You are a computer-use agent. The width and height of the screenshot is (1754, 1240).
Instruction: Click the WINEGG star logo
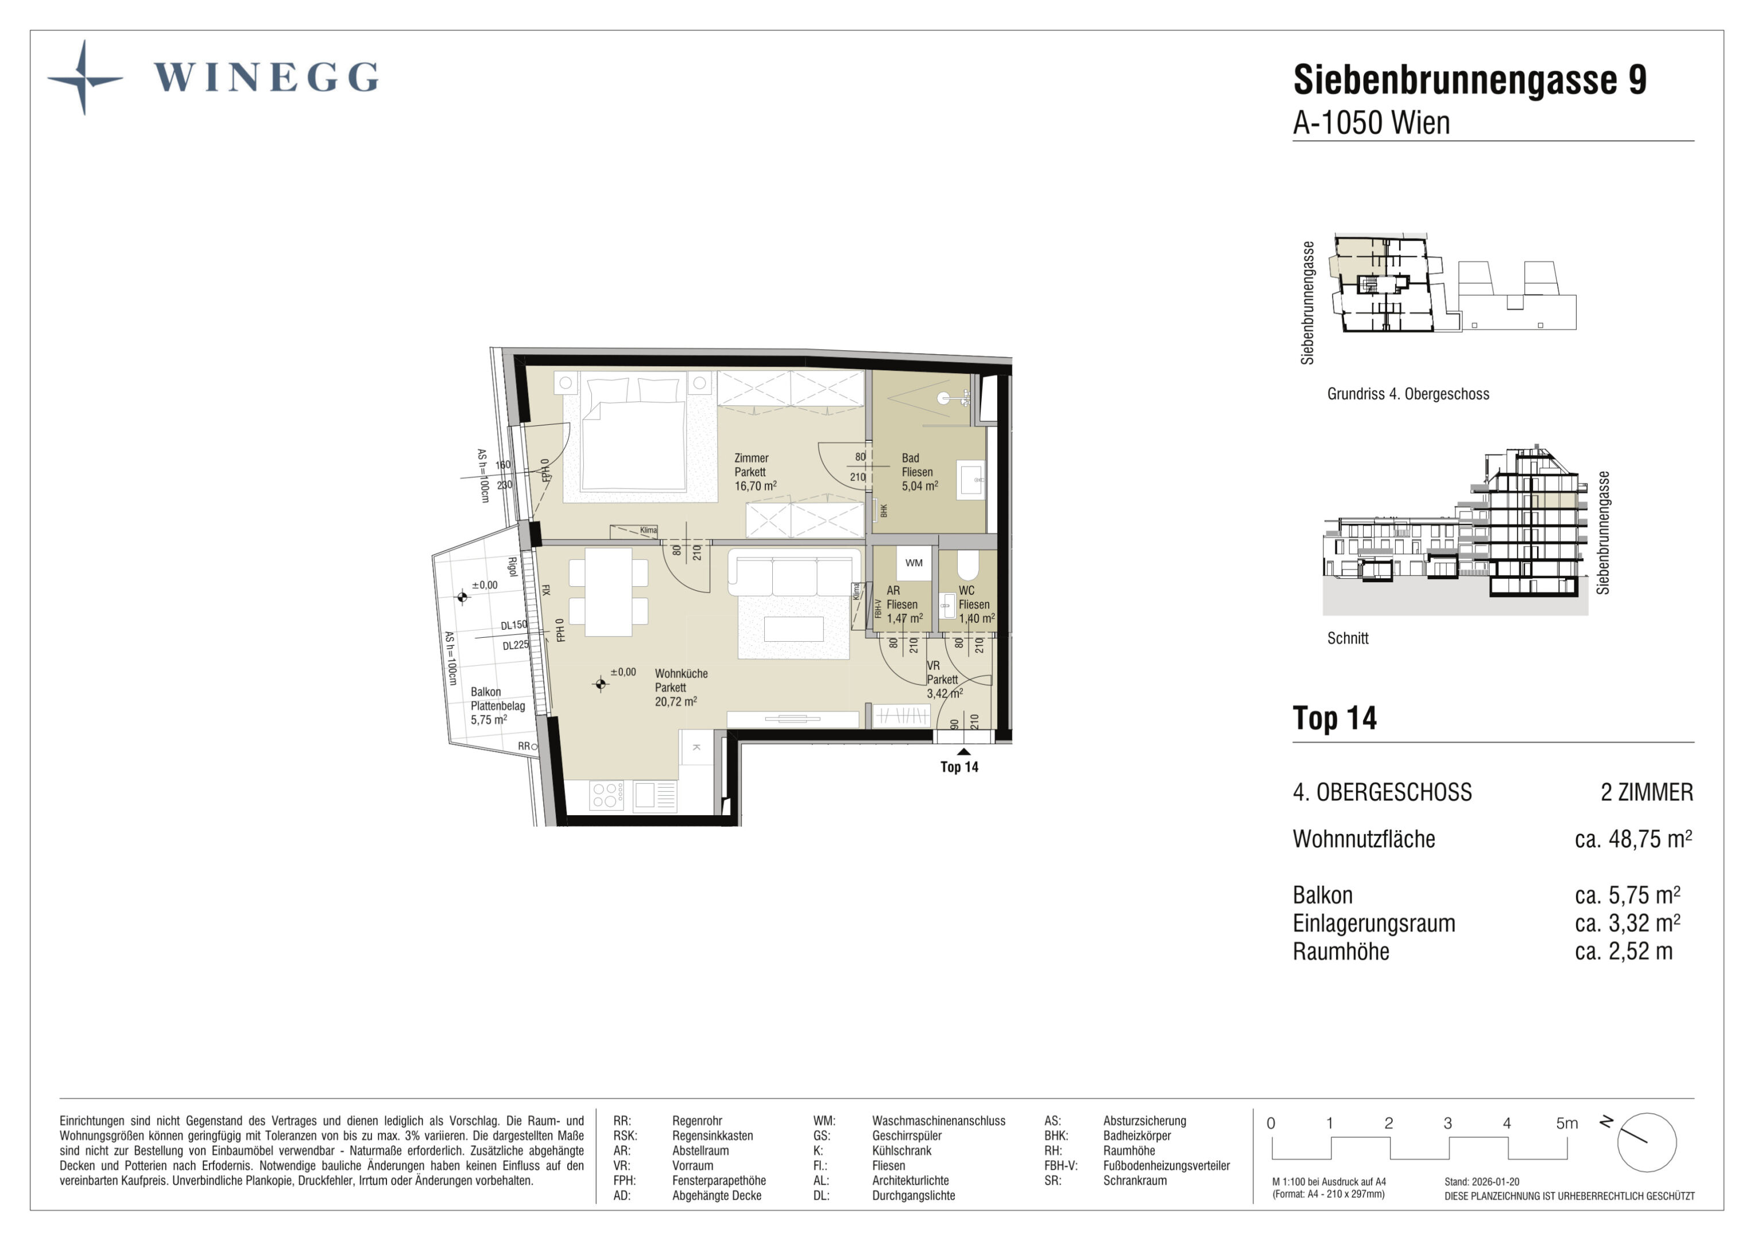(x=85, y=78)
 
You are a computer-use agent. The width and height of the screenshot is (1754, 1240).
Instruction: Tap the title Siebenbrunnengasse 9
(x=1470, y=79)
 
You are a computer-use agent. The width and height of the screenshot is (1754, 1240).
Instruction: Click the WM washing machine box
(x=913, y=563)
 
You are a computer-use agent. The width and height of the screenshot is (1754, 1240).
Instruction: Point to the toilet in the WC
(x=967, y=565)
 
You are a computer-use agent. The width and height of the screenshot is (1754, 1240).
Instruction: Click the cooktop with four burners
(x=606, y=795)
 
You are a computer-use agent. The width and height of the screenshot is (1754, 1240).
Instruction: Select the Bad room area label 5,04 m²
(x=920, y=486)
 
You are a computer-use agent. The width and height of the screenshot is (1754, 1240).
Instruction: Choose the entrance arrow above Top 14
(x=964, y=752)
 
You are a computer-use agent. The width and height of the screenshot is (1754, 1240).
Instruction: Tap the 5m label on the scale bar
(x=1567, y=1123)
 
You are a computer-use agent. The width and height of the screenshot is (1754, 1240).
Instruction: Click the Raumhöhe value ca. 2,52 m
(x=1623, y=951)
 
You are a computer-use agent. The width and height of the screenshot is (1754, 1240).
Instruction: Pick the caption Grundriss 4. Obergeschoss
(x=1408, y=394)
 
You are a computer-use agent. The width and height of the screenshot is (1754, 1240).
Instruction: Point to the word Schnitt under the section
(x=1348, y=639)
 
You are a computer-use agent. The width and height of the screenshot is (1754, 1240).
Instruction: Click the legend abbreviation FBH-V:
(x=1060, y=1166)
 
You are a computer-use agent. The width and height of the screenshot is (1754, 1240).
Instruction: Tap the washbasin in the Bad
(x=971, y=480)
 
